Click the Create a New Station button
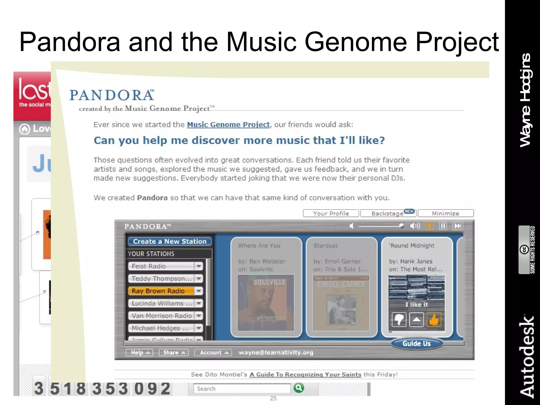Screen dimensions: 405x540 point(170,241)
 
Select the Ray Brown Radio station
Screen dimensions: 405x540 point(161,291)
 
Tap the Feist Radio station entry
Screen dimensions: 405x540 point(161,266)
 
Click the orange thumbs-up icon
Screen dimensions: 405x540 point(434,320)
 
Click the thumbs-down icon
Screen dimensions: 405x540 point(399,320)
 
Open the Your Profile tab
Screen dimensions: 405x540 point(331,213)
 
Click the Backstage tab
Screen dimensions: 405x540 point(387,213)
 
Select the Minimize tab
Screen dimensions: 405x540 point(445,213)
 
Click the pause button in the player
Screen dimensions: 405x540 point(443,226)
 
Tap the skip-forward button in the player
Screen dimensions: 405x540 point(457,226)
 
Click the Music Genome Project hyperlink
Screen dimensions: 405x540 point(228,124)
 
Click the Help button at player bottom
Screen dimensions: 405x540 point(139,353)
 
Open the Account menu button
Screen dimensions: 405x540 point(213,353)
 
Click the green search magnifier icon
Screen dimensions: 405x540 point(299,388)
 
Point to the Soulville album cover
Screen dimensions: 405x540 point(266,303)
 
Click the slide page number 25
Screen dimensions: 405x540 point(273,398)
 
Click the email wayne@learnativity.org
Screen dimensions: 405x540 point(276,353)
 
